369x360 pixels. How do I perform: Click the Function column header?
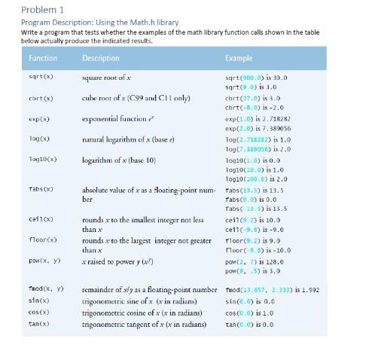coord(43,58)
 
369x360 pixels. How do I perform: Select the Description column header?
coord(100,58)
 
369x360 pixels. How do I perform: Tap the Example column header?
coord(239,58)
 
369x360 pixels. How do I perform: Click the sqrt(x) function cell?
coord(40,77)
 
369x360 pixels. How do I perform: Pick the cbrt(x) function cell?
coord(40,97)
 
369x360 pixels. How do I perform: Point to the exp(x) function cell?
coord(38,119)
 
